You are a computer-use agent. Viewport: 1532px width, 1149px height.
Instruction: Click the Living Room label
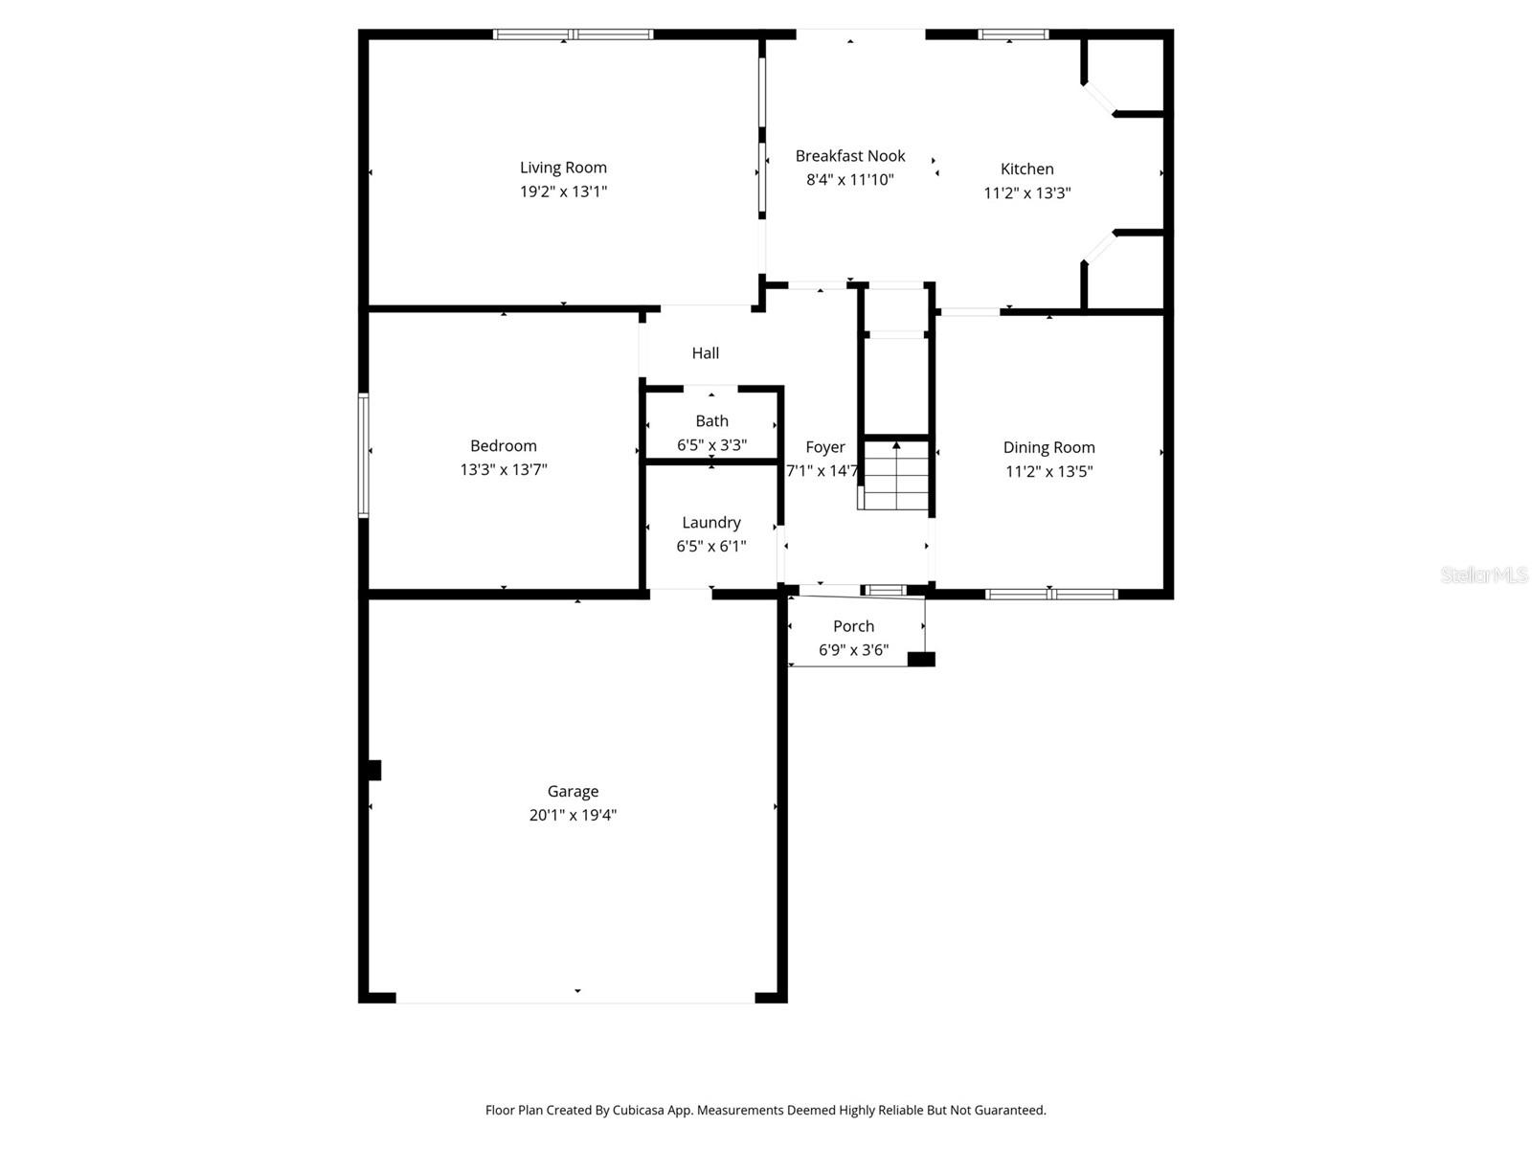(563, 168)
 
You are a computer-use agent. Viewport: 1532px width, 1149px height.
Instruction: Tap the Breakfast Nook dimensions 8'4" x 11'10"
(850, 180)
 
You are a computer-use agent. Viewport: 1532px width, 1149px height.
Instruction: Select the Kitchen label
(1026, 169)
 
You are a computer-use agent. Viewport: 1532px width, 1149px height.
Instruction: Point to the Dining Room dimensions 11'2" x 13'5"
(1048, 471)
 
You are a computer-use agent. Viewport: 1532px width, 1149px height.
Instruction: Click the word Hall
(706, 353)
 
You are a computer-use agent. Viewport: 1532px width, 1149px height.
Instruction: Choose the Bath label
(711, 421)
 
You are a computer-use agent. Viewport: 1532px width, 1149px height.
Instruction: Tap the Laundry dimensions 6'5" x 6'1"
(710, 547)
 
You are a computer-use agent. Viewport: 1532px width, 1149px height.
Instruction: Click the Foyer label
(824, 447)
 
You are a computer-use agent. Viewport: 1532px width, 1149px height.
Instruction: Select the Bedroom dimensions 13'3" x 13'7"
(503, 470)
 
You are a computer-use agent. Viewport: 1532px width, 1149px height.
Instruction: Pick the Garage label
(573, 792)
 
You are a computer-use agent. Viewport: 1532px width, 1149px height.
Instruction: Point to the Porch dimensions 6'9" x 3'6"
(853, 650)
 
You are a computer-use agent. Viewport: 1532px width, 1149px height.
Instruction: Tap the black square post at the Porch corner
(921, 659)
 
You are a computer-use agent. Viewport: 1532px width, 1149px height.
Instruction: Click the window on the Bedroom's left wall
(364, 456)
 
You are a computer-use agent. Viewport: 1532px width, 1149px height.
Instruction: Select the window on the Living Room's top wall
(573, 34)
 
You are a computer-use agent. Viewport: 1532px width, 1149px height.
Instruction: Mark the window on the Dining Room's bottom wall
(1051, 595)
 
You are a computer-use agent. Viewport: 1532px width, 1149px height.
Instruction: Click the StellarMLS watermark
(1484, 575)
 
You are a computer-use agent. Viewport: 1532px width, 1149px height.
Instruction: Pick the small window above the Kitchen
(1013, 35)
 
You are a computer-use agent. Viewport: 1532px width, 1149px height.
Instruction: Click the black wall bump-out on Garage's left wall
(374, 770)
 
